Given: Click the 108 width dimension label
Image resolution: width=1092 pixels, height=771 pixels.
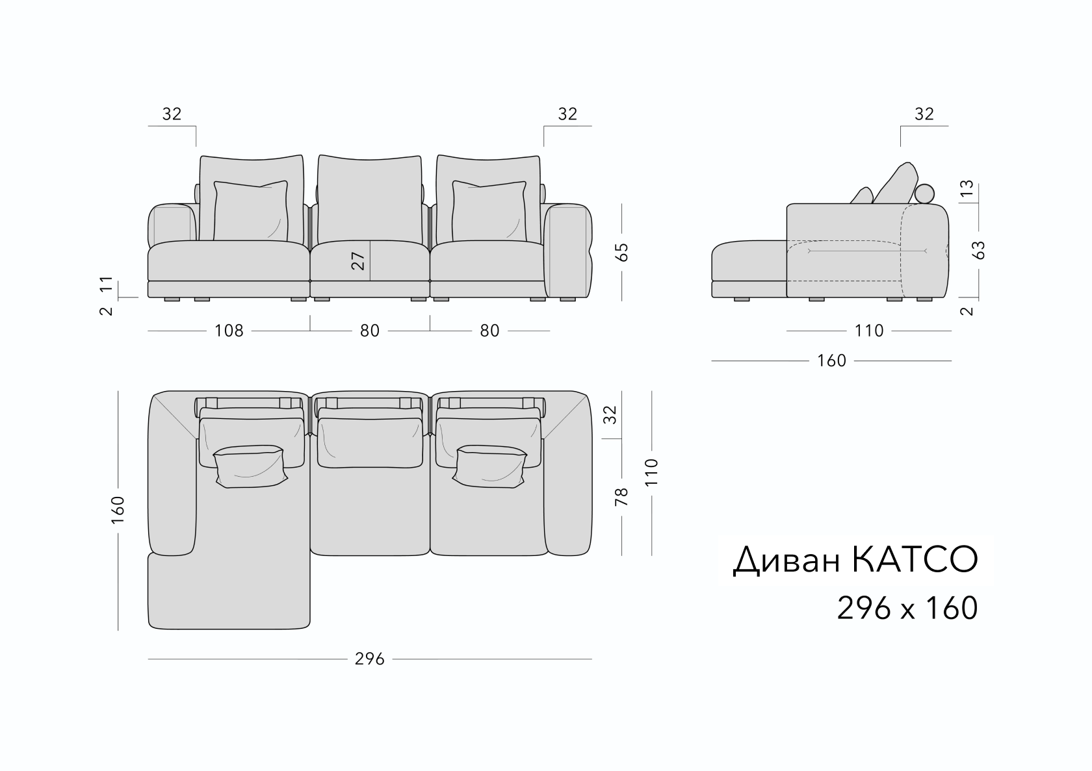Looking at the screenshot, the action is pyautogui.click(x=229, y=331).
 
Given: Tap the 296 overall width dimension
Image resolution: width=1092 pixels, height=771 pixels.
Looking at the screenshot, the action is pyautogui.click(x=369, y=659).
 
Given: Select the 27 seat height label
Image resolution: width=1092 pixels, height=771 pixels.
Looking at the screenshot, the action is pyautogui.click(x=357, y=260).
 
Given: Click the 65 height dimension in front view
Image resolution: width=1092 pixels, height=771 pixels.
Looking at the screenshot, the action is pyautogui.click(x=621, y=252).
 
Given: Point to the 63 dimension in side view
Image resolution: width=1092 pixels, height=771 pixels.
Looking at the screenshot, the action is pyautogui.click(x=978, y=250).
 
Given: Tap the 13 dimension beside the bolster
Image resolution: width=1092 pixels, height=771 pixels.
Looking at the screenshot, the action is pyautogui.click(x=966, y=188).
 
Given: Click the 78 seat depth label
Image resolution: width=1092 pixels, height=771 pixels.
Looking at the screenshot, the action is pyautogui.click(x=621, y=497).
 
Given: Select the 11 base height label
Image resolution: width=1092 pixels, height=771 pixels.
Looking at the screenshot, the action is pyautogui.click(x=107, y=283).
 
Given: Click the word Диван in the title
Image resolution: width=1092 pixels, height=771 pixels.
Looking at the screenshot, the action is pyautogui.click(x=786, y=561).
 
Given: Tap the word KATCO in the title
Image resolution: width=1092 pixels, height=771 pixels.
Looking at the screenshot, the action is pyautogui.click(x=915, y=560).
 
